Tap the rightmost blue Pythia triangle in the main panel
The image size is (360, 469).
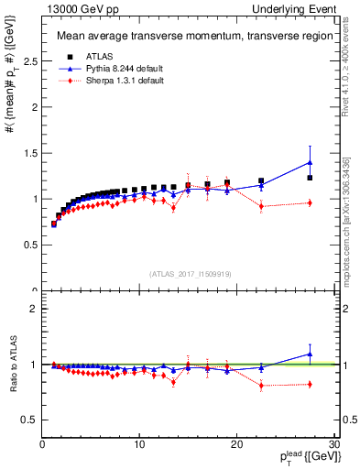(x=310, y=162)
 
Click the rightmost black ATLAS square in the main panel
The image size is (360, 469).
(x=310, y=178)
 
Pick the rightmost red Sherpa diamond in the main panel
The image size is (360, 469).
(x=310, y=202)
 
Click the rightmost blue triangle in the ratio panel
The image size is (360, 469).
(x=310, y=354)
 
